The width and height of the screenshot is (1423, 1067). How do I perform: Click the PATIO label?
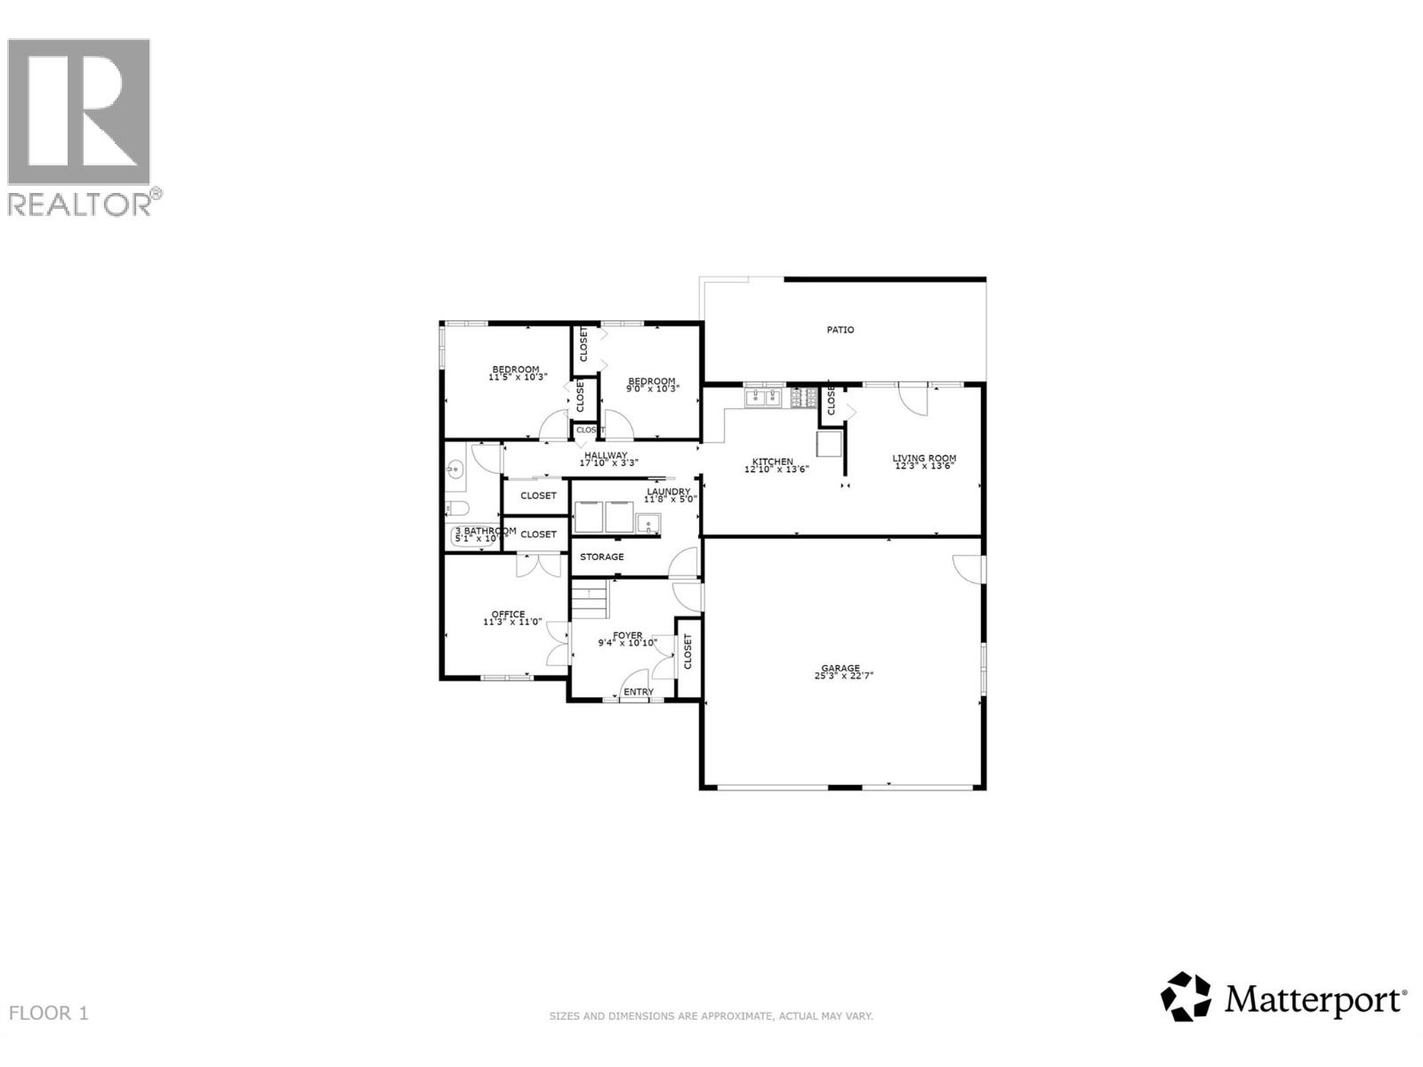click(840, 330)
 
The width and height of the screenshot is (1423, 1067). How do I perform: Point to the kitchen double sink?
click(763, 397)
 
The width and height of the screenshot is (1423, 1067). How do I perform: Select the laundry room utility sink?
click(648, 523)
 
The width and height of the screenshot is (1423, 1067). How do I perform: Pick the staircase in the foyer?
click(589, 600)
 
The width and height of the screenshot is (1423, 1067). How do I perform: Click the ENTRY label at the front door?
click(639, 692)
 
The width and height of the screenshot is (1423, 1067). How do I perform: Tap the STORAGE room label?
click(602, 557)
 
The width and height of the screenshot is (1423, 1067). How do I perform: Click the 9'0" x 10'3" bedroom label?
click(651, 389)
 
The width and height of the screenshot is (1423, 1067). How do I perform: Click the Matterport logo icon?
click(1186, 997)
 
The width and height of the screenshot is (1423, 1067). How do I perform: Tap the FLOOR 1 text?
click(49, 1013)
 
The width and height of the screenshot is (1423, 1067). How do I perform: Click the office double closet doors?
click(539, 563)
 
